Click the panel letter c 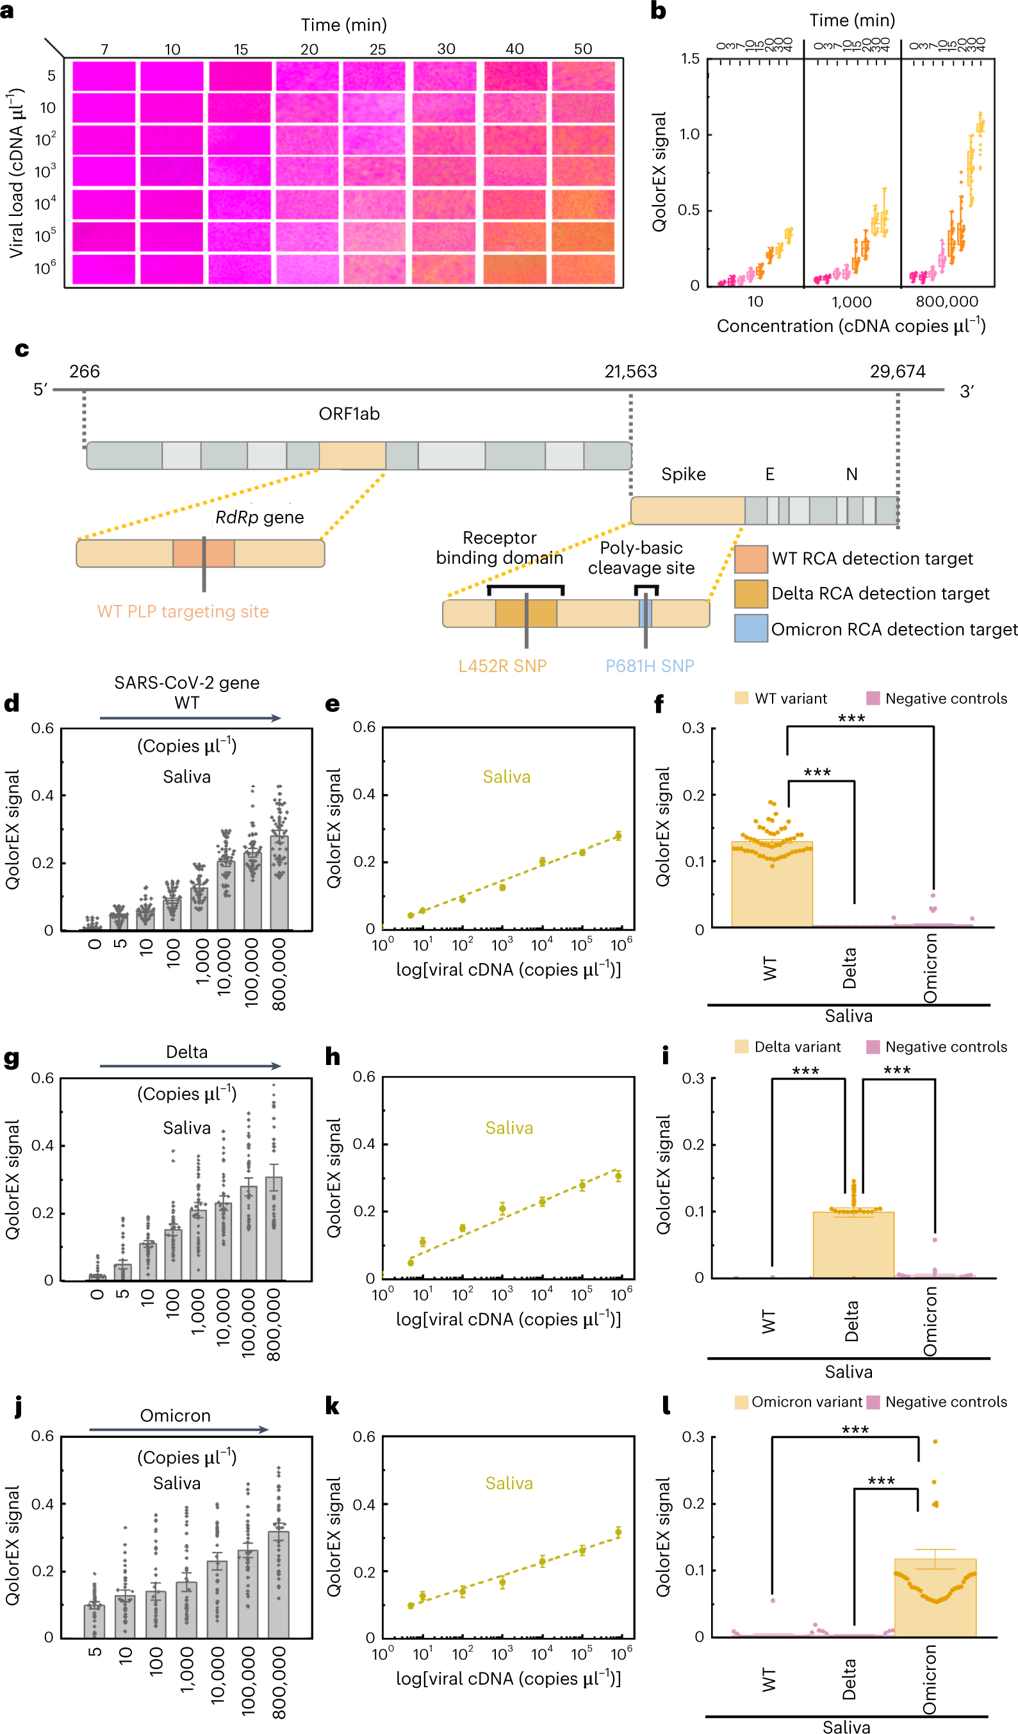point(21,349)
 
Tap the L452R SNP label point(502,666)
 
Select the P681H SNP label point(650,666)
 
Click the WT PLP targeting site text point(183,612)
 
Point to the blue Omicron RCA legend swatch point(750,629)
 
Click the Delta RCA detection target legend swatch point(750,594)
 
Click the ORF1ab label point(349,413)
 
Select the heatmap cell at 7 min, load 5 point(104,76)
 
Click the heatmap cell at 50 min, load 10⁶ point(582,269)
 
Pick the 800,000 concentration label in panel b point(946,301)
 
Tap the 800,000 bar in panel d point(279,884)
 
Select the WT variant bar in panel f point(772,888)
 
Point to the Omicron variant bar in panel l point(935,1603)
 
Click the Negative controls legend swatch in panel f point(873,698)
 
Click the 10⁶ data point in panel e point(618,836)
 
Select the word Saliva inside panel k point(509,1483)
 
